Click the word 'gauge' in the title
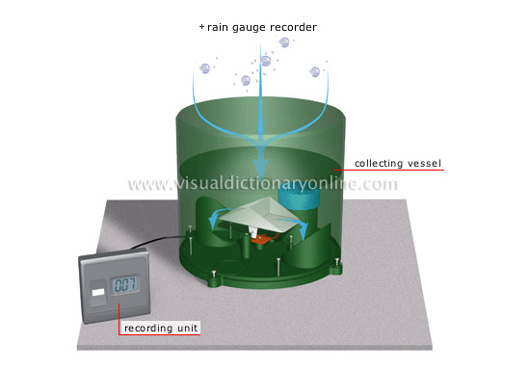pos(238,27)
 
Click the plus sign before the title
pos(201,27)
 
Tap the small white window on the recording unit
pos(96,287)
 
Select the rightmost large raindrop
pos(315,72)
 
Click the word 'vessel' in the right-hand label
pos(422,163)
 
